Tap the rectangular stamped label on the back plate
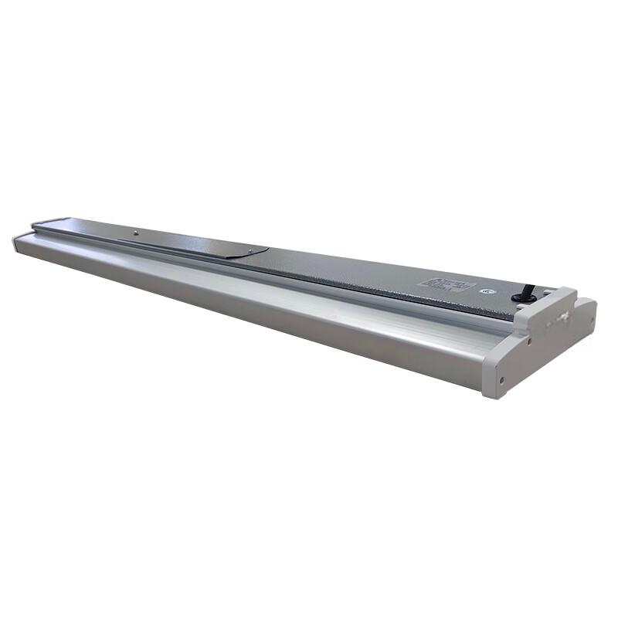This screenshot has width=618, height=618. pos(447,284)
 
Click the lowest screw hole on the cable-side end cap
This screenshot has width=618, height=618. pos(502,379)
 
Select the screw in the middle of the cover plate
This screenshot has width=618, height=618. pos(135,231)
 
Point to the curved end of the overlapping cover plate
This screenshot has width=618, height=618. pos(263,250)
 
